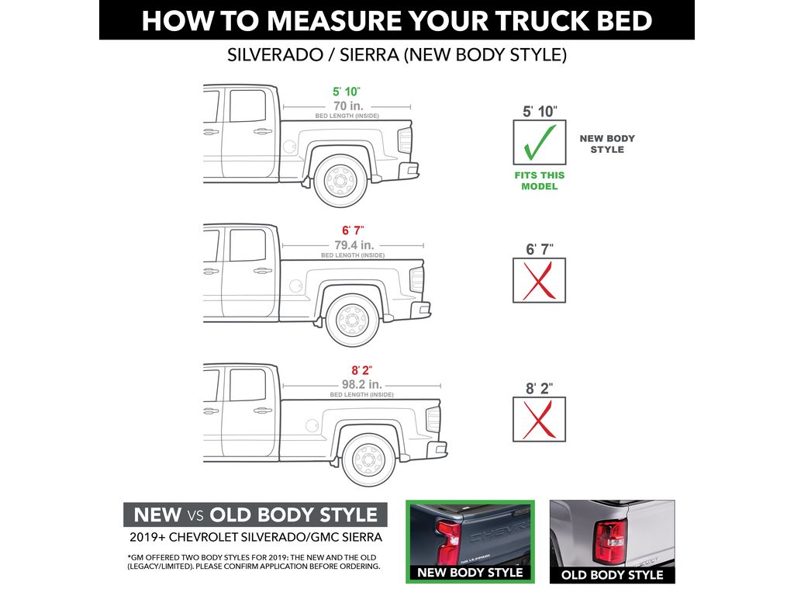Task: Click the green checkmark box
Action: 540,142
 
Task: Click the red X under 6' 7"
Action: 540,281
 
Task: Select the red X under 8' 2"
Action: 540,419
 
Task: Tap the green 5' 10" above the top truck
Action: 347,92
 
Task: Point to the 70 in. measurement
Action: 347,105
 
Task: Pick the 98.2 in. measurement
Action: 361,384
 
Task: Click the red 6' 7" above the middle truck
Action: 352,230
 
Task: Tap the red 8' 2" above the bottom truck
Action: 361,370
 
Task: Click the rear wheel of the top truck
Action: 339,180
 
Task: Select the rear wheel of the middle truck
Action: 353,320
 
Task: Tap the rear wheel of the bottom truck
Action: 368,459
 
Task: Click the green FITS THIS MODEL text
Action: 540,181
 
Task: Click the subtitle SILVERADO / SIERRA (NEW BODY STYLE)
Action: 396,56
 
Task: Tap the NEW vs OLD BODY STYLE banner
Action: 255,515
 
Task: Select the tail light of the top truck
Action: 405,140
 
